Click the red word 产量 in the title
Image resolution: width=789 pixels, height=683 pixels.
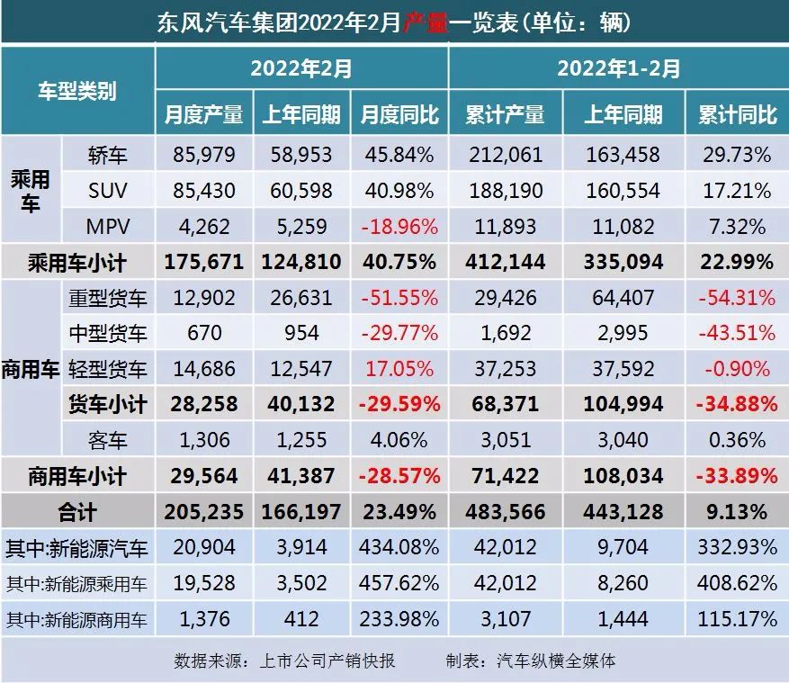pos(423,21)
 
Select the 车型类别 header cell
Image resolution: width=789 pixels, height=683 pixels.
pos(76,91)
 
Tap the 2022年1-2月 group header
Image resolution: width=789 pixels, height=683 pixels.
pos(618,68)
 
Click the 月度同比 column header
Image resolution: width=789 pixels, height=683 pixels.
pos(399,114)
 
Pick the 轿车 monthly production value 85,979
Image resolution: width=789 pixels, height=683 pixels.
pos(203,155)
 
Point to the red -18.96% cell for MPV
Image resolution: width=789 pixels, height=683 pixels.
pos(399,226)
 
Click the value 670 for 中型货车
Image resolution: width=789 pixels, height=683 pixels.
pos(203,333)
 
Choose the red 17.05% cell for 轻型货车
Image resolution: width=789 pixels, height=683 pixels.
pos(399,368)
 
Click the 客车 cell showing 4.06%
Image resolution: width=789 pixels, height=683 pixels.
pos(399,440)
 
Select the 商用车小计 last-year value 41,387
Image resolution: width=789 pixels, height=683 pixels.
pos(301,476)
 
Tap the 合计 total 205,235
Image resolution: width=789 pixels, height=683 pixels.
pos(203,512)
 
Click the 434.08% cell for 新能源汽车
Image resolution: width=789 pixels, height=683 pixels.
pos(399,548)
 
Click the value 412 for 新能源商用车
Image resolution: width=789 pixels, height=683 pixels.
pos(301,619)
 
